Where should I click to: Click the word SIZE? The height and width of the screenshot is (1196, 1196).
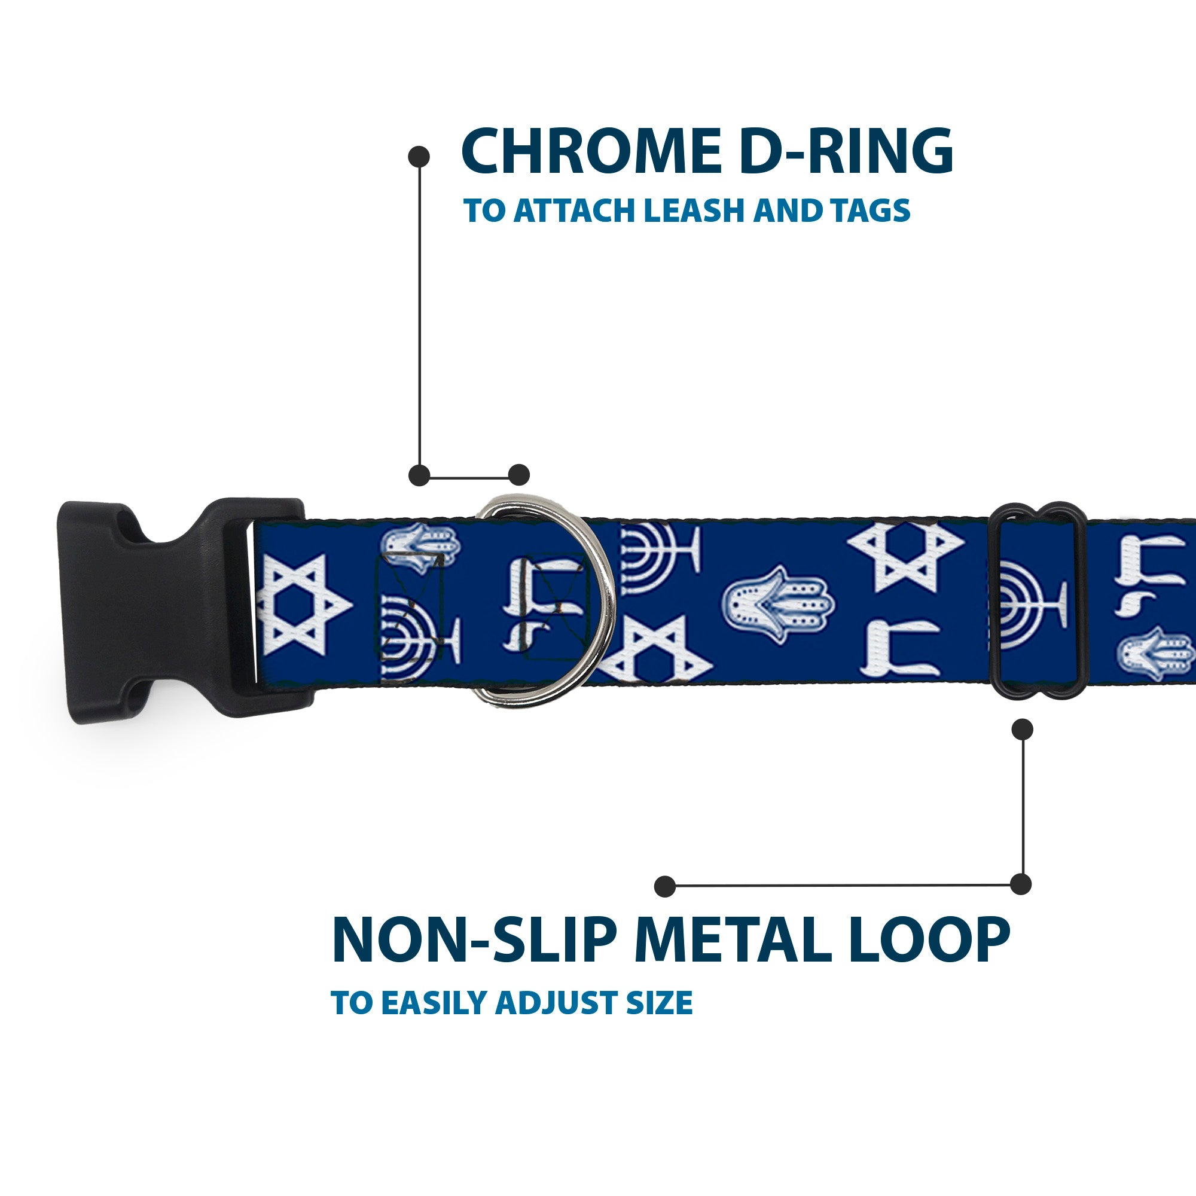[660, 1003]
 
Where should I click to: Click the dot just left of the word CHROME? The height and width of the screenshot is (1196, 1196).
[419, 157]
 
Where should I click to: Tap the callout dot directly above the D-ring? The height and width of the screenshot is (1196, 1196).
[518, 475]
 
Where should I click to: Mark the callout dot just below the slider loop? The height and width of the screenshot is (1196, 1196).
[1022, 729]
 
